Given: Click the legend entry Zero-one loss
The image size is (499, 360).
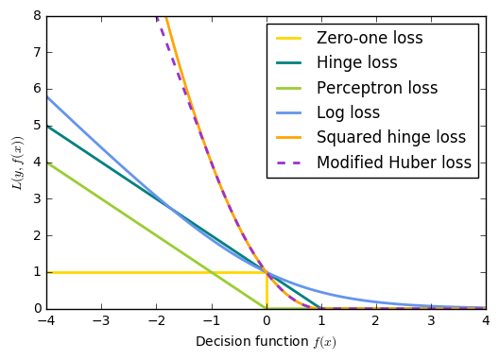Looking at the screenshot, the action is click(x=370, y=38).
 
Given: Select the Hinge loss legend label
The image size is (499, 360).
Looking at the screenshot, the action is click(x=357, y=62).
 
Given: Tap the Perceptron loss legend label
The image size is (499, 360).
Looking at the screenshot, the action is click(x=377, y=88).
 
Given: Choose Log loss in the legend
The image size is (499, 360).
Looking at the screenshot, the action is click(x=348, y=112).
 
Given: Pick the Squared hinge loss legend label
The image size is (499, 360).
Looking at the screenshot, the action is click(x=391, y=138).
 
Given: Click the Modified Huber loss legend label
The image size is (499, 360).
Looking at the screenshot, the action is click(x=394, y=163).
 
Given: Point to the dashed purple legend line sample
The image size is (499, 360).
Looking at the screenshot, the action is click(x=288, y=163).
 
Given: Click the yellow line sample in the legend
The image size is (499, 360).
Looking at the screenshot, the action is click(x=288, y=38).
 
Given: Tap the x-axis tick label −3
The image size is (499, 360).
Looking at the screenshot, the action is click(x=101, y=321).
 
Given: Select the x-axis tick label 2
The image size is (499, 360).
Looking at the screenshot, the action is click(x=376, y=321).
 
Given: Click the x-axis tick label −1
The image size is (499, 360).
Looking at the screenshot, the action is click(x=211, y=321).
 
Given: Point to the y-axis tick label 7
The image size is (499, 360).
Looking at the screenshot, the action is click(x=38, y=52).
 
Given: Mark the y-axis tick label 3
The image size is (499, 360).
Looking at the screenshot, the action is click(x=38, y=199).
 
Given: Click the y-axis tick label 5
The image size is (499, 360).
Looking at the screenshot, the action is click(x=38, y=126).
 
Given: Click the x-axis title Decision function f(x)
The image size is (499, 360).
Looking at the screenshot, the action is click(x=267, y=342).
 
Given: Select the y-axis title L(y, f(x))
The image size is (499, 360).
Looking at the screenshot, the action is click(x=18, y=163).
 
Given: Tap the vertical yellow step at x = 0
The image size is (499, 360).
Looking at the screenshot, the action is click(x=267, y=291).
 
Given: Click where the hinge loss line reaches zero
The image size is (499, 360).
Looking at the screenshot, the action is click(x=319, y=308).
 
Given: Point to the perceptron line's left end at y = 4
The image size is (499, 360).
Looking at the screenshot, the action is click(x=47, y=163).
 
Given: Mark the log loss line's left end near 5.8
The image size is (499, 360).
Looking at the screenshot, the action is click(x=47, y=96).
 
